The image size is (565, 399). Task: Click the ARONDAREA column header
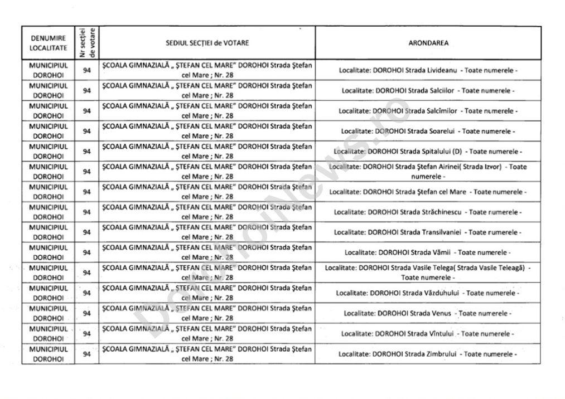[x=428, y=43]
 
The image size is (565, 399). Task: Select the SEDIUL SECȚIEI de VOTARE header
[x=207, y=43]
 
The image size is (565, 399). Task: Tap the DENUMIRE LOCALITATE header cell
[x=48, y=43]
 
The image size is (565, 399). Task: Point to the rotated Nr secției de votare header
[x=86, y=43]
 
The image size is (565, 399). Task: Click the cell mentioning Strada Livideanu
[x=428, y=70]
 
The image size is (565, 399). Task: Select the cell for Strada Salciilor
[x=428, y=90]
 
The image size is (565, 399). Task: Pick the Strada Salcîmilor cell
[x=428, y=111]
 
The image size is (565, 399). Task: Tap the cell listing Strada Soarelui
[x=428, y=131]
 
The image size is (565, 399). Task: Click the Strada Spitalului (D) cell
[x=428, y=152]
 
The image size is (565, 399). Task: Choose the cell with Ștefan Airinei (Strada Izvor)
[x=428, y=172]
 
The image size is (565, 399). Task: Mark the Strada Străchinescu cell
[x=428, y=212]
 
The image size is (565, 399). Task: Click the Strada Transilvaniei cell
[x=428, y=232]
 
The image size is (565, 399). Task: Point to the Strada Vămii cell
[x=428, y=252]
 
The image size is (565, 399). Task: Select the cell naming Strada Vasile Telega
[x=428, y=273]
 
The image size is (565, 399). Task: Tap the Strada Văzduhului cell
[x=428, y=293]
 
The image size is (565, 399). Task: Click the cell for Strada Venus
[x=428, y=313]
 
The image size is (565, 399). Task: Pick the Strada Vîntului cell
[x=428, y=333]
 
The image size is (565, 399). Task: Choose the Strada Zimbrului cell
[x=428, y=354]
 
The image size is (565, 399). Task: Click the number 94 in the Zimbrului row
[x=86, y=354]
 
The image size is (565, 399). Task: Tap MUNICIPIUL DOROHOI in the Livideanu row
[x=48, y=70]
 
